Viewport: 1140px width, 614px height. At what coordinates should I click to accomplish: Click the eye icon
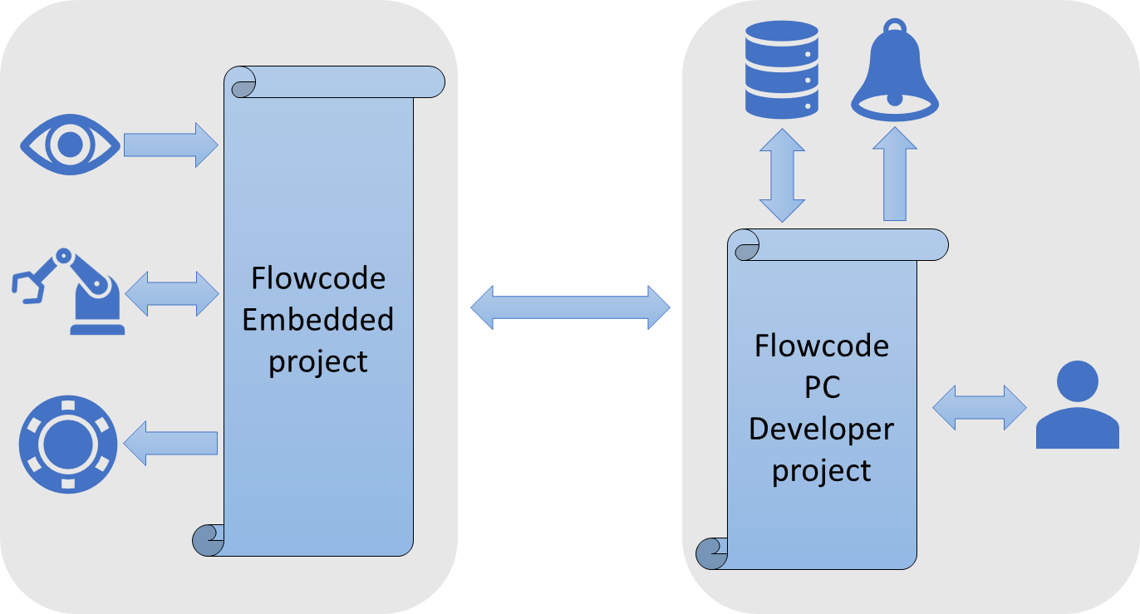[x=70, y=145]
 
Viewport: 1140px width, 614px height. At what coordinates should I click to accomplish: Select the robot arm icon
[x=68, y=291]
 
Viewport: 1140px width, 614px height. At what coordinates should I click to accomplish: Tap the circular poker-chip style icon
[x=68, y=445]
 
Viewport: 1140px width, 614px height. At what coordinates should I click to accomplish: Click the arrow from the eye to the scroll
[x=170, y=145]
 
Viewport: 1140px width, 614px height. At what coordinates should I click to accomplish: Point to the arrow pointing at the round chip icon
[x=170, y=443]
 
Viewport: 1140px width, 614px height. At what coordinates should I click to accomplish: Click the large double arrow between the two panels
[x=570, y=308]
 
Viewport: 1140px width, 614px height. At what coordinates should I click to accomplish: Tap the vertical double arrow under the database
[x=782, y=175]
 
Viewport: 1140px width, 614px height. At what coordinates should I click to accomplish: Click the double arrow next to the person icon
[x=980, y=407]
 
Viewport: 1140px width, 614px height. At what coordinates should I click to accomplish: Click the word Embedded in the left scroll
[x=318, y=320]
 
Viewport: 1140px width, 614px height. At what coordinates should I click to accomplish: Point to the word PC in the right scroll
[x=821, y=387]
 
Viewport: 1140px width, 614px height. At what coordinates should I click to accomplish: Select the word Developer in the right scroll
[x=821, y=429]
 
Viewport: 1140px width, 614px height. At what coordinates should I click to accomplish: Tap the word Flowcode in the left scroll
[x=318, y=278]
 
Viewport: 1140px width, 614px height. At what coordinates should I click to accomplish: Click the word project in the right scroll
[x=821, y=470]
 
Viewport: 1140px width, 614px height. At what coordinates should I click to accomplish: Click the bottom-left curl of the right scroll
[x=711, y=553]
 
